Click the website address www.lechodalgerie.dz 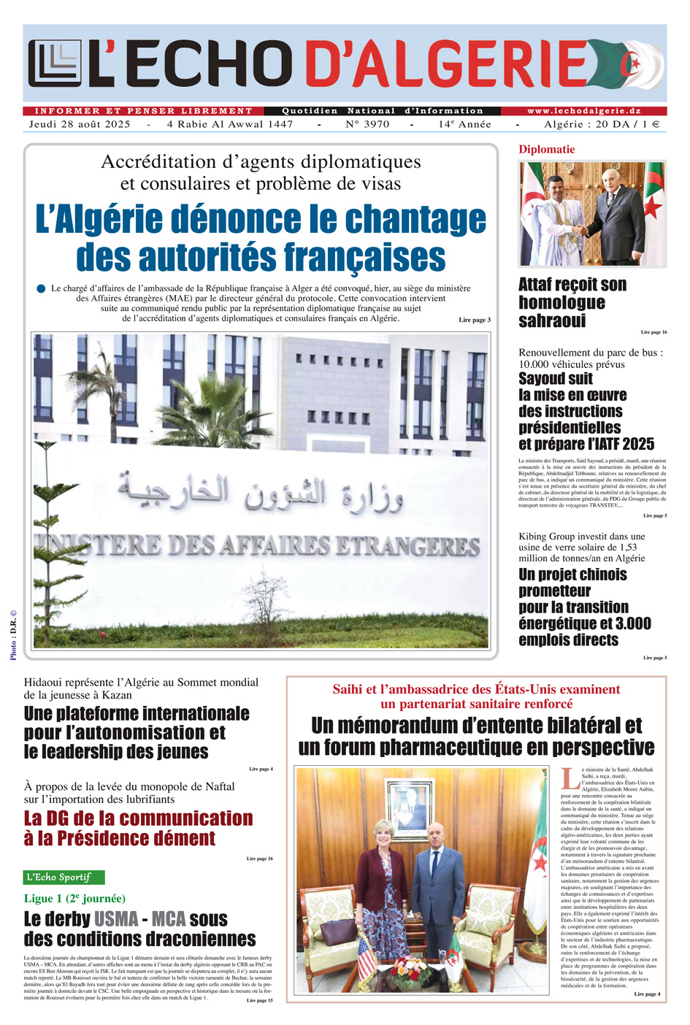click(x=584, y=111)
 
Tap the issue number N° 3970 click(x=367, y=124)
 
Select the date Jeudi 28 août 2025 click(x=80, y=124)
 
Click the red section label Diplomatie click(x=547, y=150)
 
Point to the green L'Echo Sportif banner click(x=64, y=877)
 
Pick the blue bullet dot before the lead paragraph click(x=41, y=289)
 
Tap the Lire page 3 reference click(x=475, y=320)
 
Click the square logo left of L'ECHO click(x=56, y=64)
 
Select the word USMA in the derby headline click(x=116, y=918)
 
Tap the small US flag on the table click(x=366, y=956)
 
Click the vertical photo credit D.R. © click(x=13, y=636)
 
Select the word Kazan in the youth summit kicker click(x=116, y=695)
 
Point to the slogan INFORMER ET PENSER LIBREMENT click(x=143, y=111)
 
